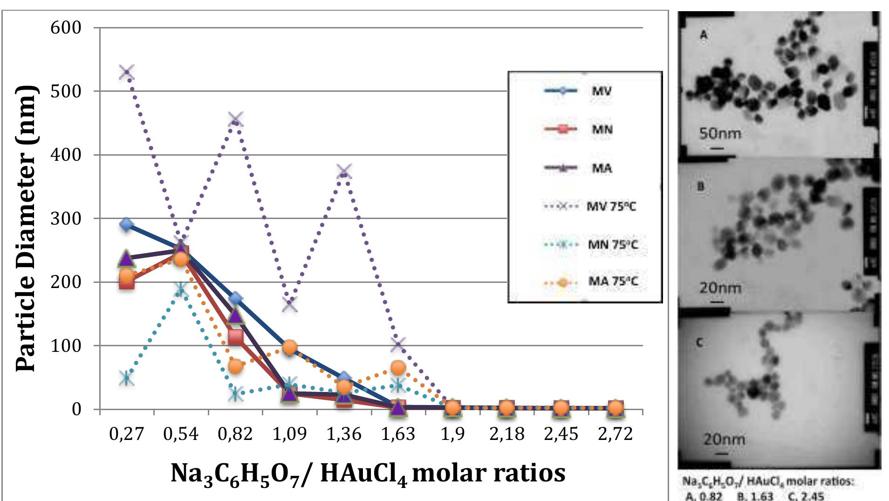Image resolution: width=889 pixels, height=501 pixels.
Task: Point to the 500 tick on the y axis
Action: click(66, 91)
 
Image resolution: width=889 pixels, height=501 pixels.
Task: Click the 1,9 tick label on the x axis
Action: click(452, 434)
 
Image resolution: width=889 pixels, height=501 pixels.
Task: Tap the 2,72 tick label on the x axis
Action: click(615, 434)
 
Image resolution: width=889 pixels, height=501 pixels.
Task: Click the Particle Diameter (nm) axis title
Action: click(26, 228)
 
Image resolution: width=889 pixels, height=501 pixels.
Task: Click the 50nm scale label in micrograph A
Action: click(720, 134)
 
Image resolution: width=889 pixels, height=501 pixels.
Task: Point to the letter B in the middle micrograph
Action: click(701, 187)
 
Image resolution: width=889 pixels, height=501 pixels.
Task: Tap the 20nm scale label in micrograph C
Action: click(724, 439)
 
